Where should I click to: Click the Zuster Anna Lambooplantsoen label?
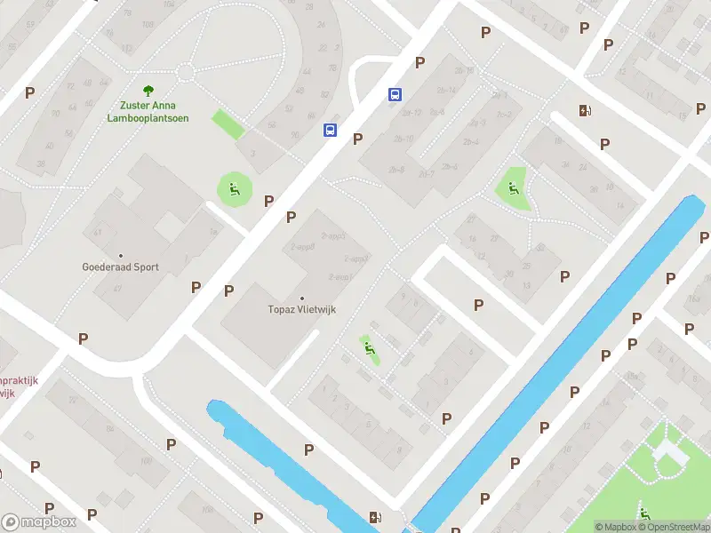148,112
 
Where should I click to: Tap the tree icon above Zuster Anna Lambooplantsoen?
148,90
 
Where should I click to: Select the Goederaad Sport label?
120,266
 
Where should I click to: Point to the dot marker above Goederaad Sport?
120,255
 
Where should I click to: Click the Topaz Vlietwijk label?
301,309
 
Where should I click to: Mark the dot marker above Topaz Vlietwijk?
301,298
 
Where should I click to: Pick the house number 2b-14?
447,91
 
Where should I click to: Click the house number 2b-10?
403,139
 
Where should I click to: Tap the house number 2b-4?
470,142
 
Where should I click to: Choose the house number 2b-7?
427,173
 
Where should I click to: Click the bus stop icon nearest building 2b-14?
394,94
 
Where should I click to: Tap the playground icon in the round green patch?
235,187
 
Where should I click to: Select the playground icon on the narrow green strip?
369,347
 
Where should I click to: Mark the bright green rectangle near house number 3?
228,123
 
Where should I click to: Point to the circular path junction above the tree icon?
185,71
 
